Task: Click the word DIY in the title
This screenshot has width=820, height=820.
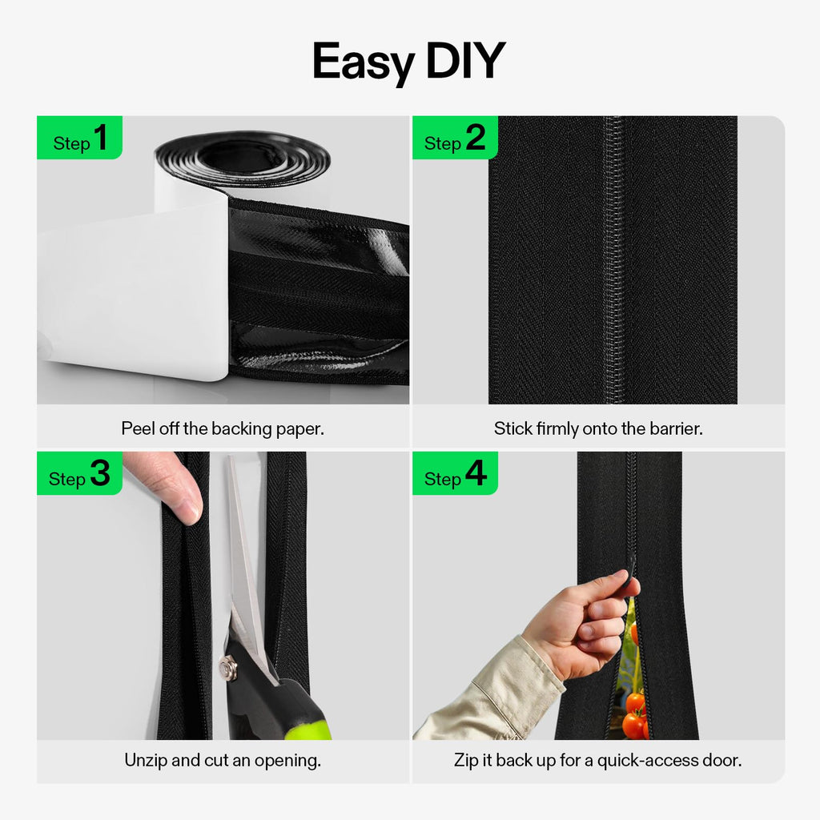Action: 466,61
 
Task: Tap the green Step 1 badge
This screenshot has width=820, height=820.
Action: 79,138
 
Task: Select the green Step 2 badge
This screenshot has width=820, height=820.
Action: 455,138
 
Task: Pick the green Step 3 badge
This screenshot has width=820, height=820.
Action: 79,473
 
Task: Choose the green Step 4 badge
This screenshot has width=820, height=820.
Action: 455,473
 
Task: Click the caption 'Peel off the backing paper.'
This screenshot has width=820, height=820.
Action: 223,429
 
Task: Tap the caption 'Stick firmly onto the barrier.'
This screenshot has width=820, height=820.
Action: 598,429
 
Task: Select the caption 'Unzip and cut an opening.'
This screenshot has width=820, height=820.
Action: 223,760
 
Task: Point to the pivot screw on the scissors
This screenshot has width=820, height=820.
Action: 228,667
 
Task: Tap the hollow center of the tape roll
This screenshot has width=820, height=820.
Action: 243,158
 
